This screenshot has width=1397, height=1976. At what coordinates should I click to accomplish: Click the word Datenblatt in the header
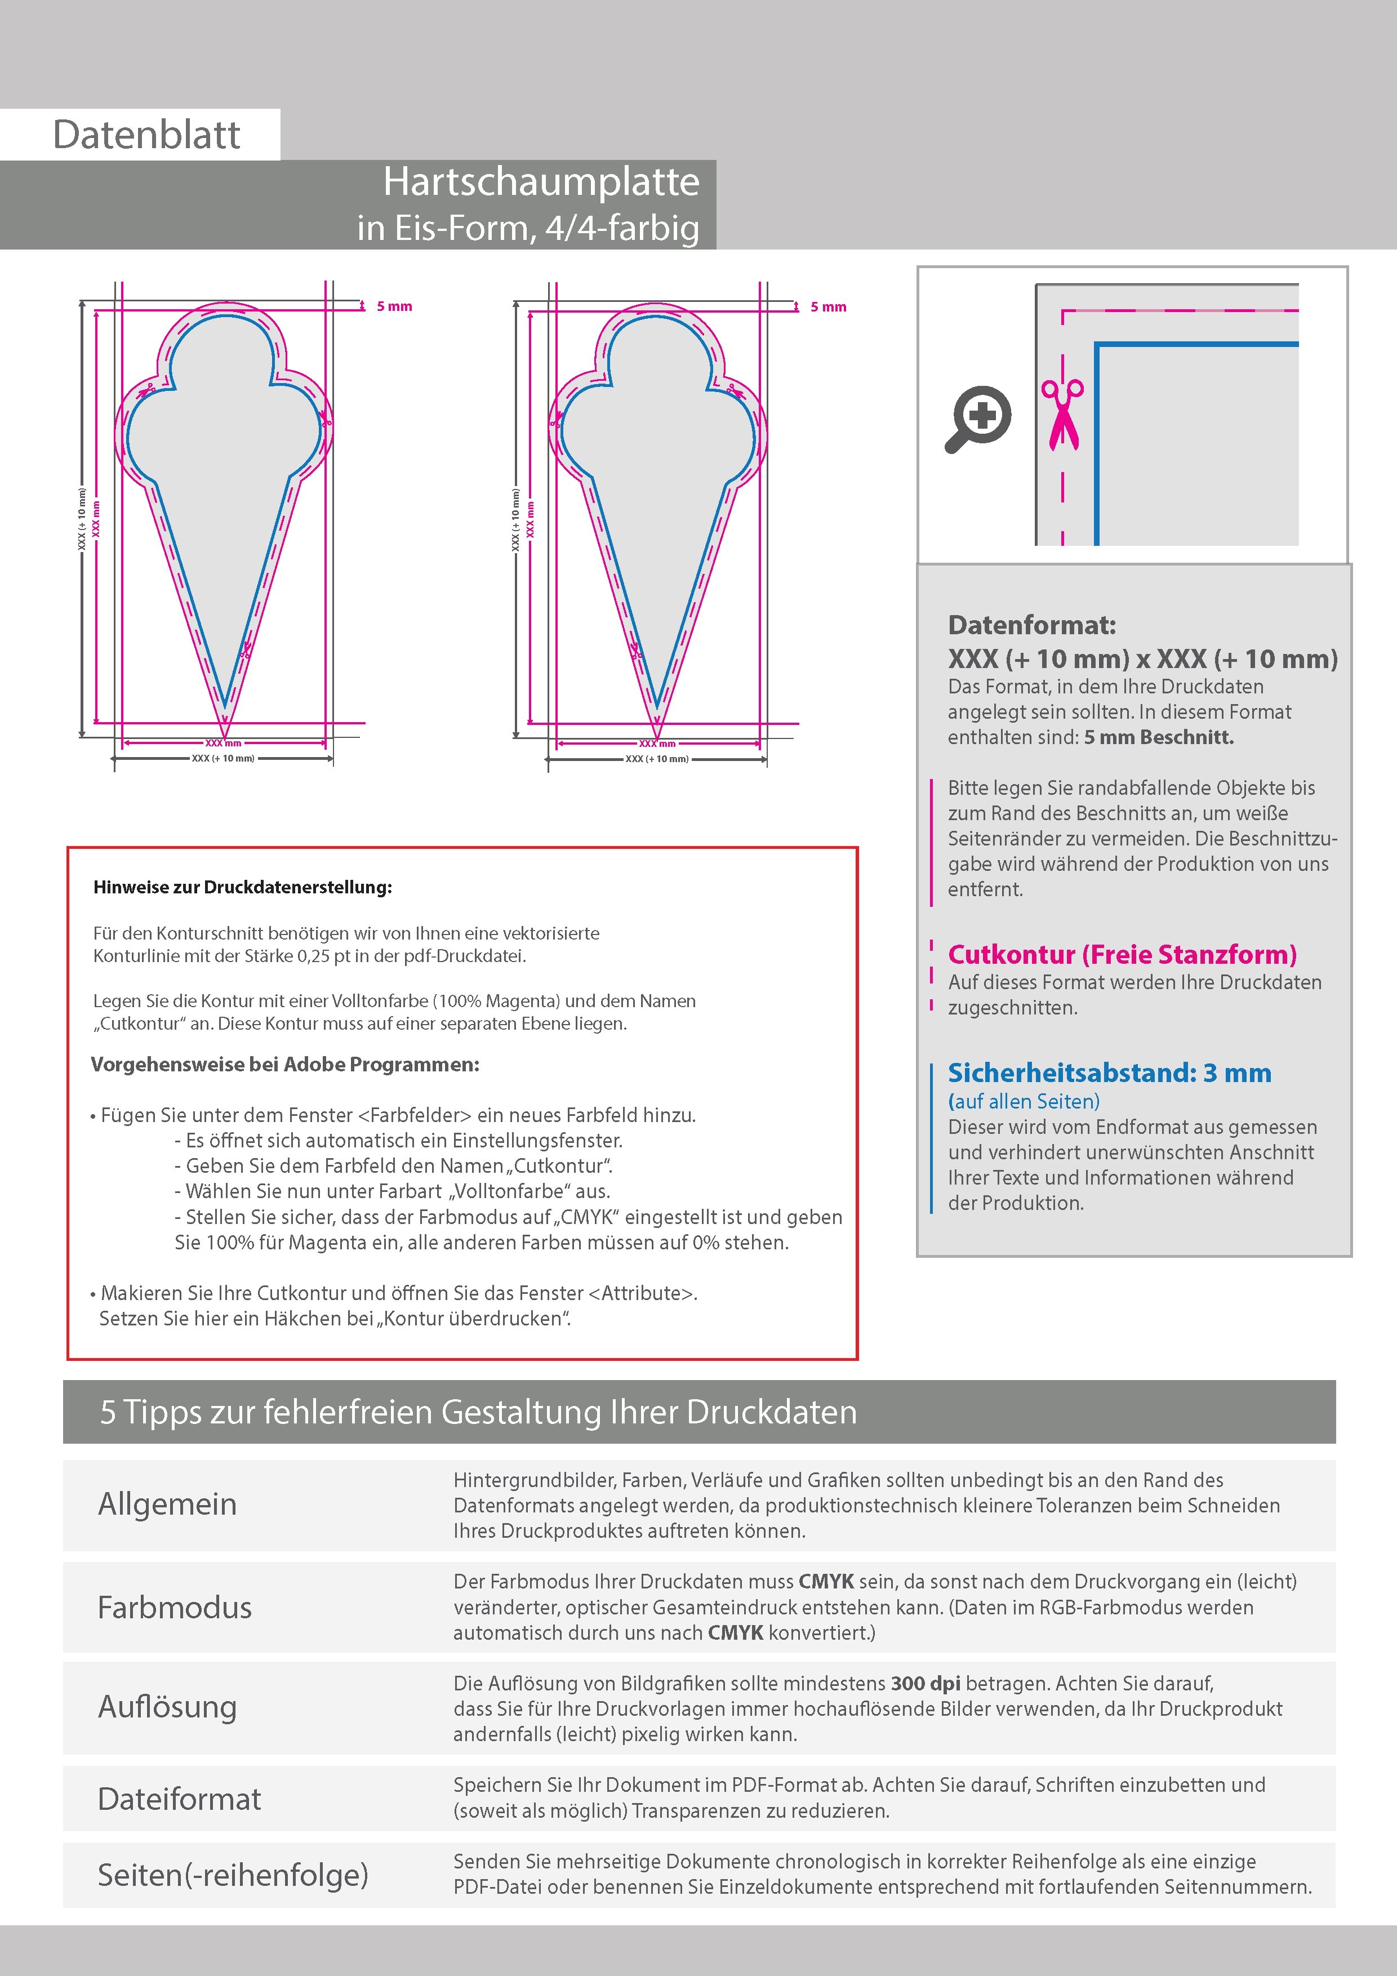146,135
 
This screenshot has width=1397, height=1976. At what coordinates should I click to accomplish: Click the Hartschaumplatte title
541,181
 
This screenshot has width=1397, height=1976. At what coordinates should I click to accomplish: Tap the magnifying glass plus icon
978,419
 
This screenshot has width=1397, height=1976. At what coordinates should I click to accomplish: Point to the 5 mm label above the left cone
394,306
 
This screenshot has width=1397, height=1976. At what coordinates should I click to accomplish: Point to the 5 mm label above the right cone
828,307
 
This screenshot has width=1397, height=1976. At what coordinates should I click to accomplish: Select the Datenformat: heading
1031,625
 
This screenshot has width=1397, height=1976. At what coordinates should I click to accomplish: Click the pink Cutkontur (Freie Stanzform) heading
1122,954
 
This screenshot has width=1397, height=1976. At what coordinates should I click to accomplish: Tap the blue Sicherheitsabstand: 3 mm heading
1109,1073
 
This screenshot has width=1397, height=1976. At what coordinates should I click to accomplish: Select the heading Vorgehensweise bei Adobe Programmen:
285,1065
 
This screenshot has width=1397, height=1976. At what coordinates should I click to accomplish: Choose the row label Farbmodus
175,1607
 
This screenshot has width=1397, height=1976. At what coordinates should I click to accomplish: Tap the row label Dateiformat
179,1799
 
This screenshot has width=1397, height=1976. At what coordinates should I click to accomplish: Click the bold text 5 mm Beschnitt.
1159,737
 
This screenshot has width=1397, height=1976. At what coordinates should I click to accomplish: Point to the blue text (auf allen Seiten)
1024,1102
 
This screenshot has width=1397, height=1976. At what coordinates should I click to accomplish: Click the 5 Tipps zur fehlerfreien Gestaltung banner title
479,1412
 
